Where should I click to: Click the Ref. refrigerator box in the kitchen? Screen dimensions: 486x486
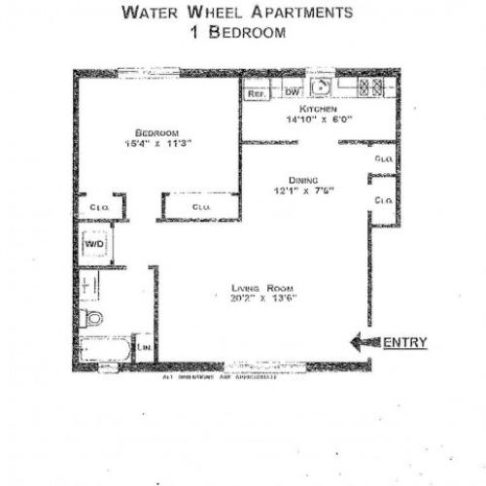click(256, 93)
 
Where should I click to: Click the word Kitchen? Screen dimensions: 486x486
click(319, 110)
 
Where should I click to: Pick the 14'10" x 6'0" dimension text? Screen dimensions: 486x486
click(319, 121)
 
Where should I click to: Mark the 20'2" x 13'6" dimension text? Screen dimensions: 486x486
click(263, 297)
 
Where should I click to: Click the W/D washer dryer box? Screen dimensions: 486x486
click(94, 245)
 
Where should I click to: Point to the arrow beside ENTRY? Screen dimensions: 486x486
click(364, 342)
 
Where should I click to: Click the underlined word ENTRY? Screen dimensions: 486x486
click(403, 342)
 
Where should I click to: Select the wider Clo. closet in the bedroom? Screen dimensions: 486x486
click(201, 207)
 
